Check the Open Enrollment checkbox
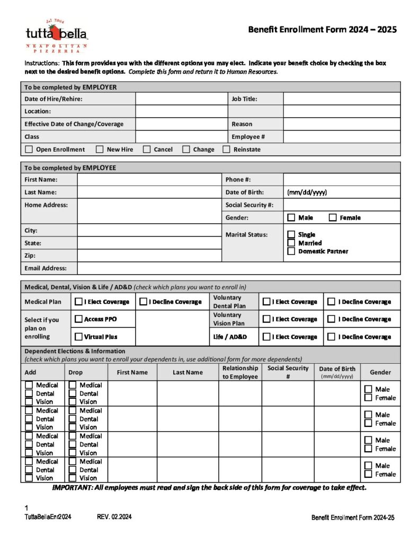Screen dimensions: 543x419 click(x=29, y=150)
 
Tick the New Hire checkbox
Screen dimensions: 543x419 click(x=100, y=150)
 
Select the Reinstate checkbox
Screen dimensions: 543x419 click(x=227, y=150)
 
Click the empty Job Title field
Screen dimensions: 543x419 click(x=342, y=99)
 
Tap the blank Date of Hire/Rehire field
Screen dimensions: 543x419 click(x=181, y=99)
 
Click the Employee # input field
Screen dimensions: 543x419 click(x=342, y=137)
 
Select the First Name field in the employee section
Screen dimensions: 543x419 click(x=149, y=180)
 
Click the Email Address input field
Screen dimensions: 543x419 click(x=238, y=268)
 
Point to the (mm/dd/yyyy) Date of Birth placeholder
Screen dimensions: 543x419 click(x=307, y=192)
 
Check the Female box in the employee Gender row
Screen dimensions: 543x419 click(x=333, y=217)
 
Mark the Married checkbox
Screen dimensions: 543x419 click(x=291, y=243)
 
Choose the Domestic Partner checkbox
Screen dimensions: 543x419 click(x=291, y=251)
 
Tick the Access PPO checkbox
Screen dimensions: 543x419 click(x=78, y=319)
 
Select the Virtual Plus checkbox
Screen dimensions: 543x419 click(x=78, y=337)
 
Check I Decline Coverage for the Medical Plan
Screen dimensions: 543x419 click(x=143, y=302)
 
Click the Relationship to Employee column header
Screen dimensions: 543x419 click(x=240, y=372)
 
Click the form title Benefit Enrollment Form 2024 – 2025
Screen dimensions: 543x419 click(x=322, y=30)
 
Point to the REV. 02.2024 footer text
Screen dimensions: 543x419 click(x=114, y=517)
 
